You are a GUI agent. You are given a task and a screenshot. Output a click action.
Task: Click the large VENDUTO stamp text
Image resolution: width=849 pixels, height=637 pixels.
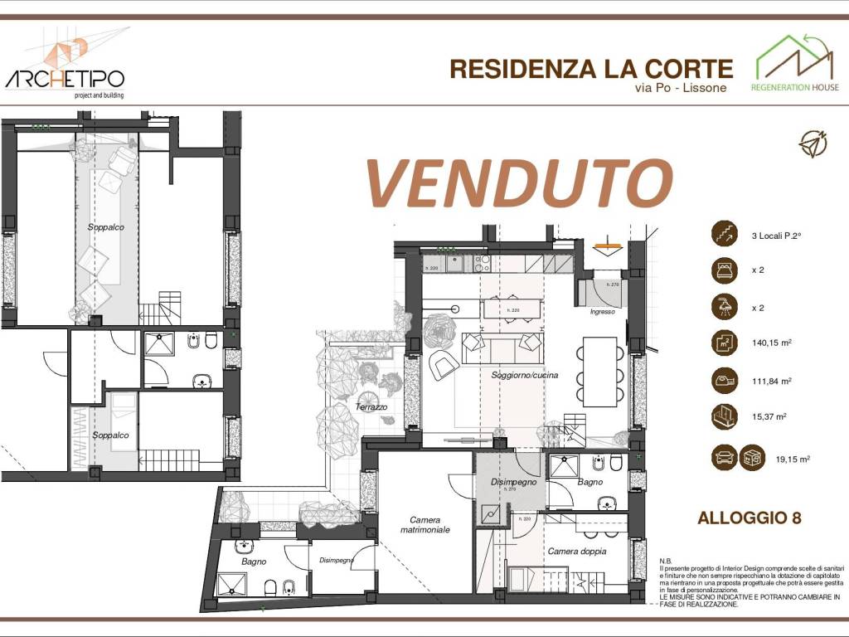tap(519, 182)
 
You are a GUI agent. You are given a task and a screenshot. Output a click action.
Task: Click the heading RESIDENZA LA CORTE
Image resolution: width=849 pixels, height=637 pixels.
tap(591, 69)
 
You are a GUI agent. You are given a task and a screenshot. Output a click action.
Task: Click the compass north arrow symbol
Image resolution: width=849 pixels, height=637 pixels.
tap(813, 143)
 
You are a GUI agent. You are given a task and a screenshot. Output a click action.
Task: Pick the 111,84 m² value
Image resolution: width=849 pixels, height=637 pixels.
tap(771, 381)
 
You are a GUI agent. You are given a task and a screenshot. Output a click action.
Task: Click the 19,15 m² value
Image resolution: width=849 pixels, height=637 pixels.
tap(793, 458)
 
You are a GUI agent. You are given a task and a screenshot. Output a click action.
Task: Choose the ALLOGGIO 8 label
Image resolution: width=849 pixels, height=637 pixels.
tap(749, 518)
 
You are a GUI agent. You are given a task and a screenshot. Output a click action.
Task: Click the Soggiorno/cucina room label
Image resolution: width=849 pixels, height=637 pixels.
tap(525, 375)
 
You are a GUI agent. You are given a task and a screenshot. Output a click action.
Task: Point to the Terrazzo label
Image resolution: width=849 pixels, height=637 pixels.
tap(372, 407)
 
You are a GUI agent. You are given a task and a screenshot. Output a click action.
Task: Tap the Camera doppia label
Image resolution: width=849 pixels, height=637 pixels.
tap(577, 551)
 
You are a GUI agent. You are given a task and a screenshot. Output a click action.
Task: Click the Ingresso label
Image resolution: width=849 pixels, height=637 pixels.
tap(603, 312)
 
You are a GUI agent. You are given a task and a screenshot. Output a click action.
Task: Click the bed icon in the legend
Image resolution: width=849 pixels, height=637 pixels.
tap(724, 270)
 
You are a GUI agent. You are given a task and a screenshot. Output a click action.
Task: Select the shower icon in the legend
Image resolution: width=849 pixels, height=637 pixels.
tap(724, 307)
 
